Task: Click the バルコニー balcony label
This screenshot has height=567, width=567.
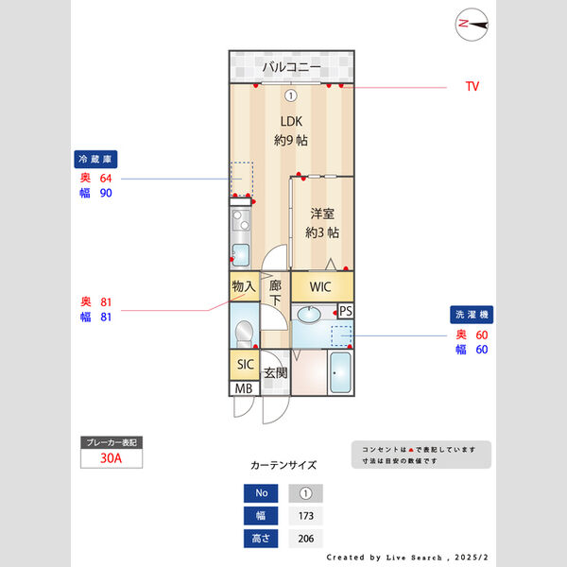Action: pyautogui.click(x=291, y=67)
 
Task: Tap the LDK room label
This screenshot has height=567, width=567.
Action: pyautogui.click(x=291, y=121)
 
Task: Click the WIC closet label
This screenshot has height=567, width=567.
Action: pyautogui.click(x=321, y=287)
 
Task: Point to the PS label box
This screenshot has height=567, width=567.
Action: pyautogui.click(x=346, y=311)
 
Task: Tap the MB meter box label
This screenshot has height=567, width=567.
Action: pyautogui.click(x=243, y=388)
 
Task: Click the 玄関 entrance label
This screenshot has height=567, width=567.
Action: pyautogui.click(x=275, y=373)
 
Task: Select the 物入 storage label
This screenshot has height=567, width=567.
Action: pyautogui.click(x=244, y=286)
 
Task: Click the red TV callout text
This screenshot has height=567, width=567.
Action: pyautogui.click(x=472, y=87)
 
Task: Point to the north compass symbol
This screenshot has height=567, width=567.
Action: pyautogui.click(x=471, y=25)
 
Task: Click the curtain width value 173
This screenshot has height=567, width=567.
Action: pyautogui.click(x=305, y=517)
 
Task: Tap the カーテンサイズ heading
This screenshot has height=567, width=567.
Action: pyautogui.click(x=283, y=466)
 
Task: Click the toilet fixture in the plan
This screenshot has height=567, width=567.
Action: pyautogui.click(x=245, y=332)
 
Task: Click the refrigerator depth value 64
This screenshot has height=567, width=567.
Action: pyautogui.click(x=106, y=178)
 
